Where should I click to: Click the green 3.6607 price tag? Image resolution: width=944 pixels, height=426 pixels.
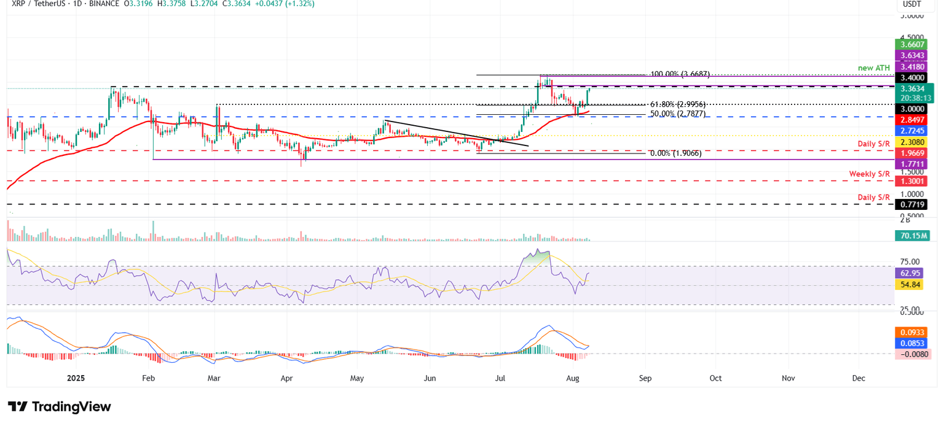click(x=912, y=44)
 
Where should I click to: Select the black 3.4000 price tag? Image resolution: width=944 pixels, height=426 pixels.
click(x=912, y=78)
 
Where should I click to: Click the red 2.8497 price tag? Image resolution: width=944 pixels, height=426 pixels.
click(x=912, y=120)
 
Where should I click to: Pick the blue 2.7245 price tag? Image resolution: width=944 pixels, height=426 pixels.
click(x=912, y=131)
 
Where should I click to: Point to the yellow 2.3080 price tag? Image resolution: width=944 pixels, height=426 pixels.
click(x=912, y=142)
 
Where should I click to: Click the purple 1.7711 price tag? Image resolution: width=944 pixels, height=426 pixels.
click(x=912, y=164)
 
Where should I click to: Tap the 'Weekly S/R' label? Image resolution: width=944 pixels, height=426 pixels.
click(x=870, y=174)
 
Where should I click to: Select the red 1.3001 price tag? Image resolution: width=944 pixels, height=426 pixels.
click(x=912, y=182)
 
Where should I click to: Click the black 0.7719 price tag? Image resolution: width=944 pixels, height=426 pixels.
click(x=912, y=204)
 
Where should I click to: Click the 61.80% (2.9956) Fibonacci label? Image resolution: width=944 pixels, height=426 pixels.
click(x=675, y=105)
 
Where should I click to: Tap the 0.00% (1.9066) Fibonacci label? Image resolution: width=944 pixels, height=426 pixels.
click(x=675, y=154)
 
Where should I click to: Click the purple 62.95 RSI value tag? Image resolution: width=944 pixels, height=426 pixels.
click(x=912, y=273)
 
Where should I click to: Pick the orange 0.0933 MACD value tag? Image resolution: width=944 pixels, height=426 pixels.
click(x=912, y=332)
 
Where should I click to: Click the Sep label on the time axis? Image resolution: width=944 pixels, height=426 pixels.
click(x=645, y=379)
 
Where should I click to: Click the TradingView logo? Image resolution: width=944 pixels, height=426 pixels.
click(x=60, y=407)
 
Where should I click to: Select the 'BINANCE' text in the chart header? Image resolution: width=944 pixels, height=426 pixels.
click(x=101, y=4)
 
